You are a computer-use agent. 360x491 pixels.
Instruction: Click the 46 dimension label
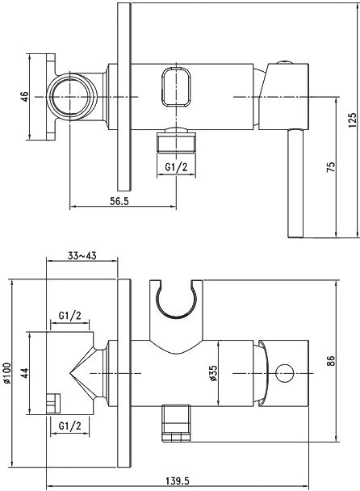[25, 96]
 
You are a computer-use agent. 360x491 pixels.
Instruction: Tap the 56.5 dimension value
[119, 201]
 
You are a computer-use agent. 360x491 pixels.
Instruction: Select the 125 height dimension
[352, 120]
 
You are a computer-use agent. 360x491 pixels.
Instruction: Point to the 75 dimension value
[331, 166]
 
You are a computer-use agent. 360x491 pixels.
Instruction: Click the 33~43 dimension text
[82, 256]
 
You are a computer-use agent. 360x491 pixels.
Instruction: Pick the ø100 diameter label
[7, 372]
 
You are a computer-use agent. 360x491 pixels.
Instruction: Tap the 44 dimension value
[25, 372]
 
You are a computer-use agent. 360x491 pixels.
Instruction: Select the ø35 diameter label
[213, 373]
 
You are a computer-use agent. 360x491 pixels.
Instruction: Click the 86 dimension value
[331, 361]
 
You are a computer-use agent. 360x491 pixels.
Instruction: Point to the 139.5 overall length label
[178, 480]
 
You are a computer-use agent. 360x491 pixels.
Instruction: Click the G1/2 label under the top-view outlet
[176, 167]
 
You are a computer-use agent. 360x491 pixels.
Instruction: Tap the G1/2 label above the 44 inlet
[69, 315]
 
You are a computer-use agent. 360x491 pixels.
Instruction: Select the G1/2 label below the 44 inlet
[69, 426]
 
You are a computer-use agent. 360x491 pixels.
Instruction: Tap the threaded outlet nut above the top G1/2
[176, 140]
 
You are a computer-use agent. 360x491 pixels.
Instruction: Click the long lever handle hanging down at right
[295, 183]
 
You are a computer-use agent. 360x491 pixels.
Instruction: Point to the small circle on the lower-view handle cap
[284, 373]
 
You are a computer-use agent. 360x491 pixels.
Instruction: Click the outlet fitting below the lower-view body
[176, 422]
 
